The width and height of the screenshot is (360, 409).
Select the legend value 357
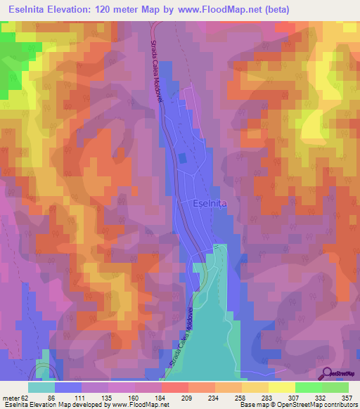pyautogui.click(x=347, y=397)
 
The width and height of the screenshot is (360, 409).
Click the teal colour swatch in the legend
pyautogui.click(x=41, y=387)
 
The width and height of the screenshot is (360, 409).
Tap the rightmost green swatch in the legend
pyautogui.click(x=335, y=387)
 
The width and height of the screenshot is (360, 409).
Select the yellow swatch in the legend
pyautogui.click(x=282, y=387)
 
